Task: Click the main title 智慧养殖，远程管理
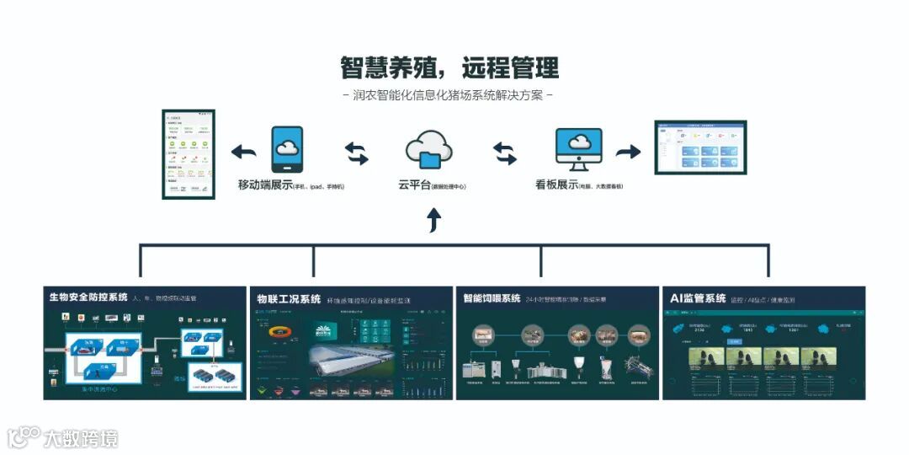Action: (449, 67)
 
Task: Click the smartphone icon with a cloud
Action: (287, 150)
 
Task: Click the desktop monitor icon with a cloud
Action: (578, 150)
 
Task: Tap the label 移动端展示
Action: (264, 185)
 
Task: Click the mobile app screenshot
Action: (188, 154)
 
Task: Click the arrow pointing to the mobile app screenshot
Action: (244, 152)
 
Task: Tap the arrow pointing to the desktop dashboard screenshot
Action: (628, 152)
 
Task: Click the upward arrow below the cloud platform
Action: (433, 221)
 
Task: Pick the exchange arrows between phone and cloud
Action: (357, 153)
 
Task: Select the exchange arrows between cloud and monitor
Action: (505, 153)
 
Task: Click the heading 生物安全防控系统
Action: (88, 297)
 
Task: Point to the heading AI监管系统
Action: (698, 298)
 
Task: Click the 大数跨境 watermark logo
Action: (63, 437)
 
